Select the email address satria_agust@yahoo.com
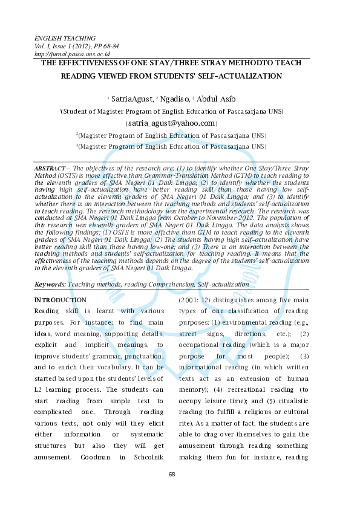coord(171,123)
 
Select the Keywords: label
coord(50,284)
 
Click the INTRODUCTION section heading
coord(61,300)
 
